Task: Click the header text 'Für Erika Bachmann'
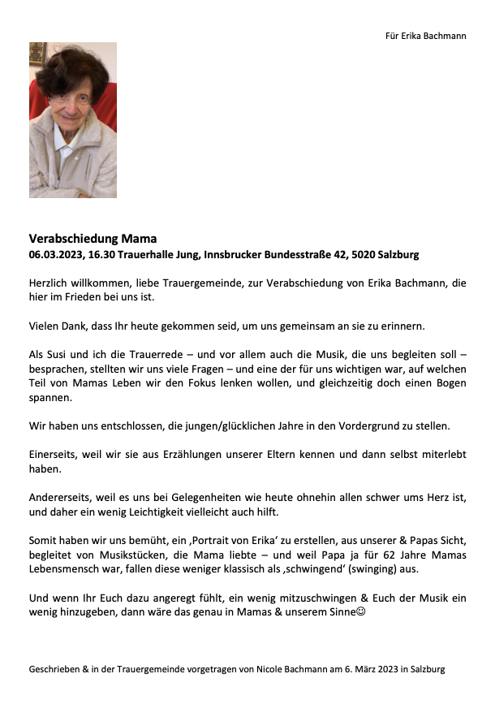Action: click(x=425, y=36)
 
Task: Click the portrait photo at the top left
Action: click(x=73, y=120)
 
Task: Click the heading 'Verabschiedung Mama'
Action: click(x=93, y=239)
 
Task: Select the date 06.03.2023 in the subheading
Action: click(x=55, y=255)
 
